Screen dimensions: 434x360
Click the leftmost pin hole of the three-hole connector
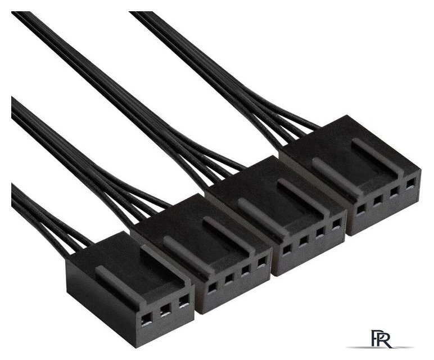147,322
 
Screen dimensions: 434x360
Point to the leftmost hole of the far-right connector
361,209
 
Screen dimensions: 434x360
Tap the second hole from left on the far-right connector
377,201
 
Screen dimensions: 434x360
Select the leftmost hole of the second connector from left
212,288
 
